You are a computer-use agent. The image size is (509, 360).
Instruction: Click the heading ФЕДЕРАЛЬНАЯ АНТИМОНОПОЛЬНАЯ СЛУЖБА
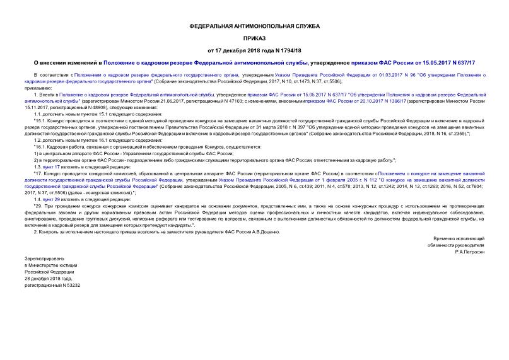coord(254,26)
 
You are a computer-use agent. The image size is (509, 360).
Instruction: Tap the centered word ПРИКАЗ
coord(254,38)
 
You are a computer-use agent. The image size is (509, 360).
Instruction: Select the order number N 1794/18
coord(285,50)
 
